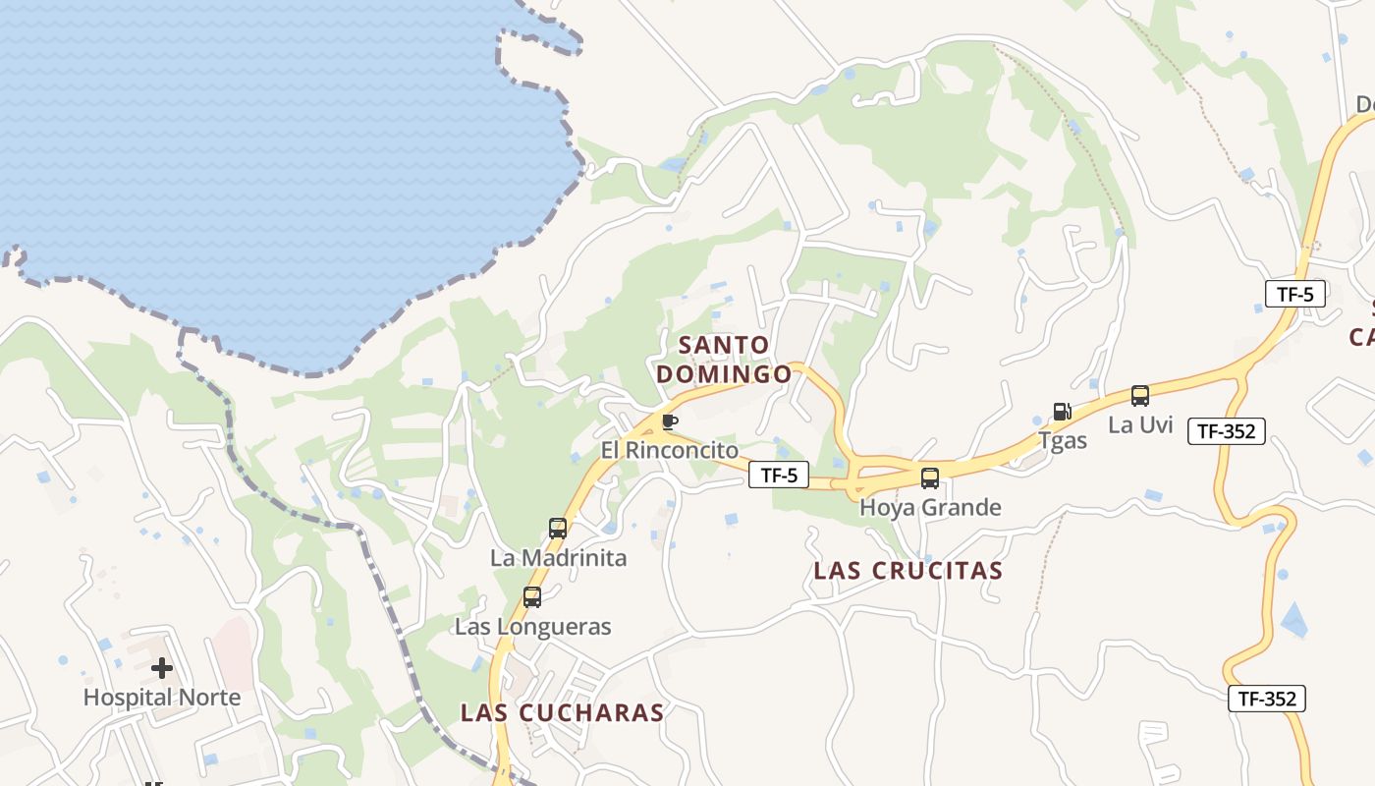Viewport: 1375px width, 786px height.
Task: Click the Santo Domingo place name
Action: (724, 360)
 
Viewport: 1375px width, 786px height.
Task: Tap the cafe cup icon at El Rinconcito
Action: (670, 422)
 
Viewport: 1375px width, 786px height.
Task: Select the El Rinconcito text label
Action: (670, 450)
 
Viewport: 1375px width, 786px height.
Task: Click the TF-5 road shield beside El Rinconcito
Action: (779, 476)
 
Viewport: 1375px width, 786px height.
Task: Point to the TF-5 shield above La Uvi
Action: (1295, 294)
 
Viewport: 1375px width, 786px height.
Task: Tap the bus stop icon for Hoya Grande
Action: (929, 478)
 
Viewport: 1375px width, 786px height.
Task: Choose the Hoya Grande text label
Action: (930, 507)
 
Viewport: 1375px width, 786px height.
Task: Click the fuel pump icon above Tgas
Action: (1062, 412)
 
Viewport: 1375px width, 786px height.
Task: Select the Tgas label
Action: (1063, 440)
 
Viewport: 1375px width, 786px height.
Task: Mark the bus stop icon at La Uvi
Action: (1140, 396)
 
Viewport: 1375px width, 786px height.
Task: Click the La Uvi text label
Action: (1140, 424)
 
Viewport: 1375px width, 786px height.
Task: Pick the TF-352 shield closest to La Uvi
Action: (1227, 430)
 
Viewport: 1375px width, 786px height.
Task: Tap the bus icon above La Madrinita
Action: (558, 529)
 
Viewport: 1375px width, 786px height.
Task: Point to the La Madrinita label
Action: (558, 557)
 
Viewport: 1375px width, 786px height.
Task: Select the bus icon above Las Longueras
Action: (532, 596)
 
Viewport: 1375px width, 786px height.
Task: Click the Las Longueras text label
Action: (532, 626)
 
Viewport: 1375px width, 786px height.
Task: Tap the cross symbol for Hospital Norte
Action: (162, 669)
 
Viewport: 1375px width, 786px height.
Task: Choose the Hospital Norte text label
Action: (162, 698)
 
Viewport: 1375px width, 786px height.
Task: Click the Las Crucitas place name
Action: (908, 571)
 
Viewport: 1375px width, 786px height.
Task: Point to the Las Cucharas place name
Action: (563, 712)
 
